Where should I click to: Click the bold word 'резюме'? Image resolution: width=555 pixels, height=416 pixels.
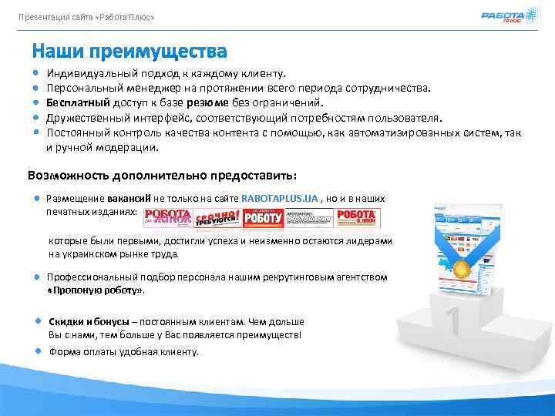(212, 102)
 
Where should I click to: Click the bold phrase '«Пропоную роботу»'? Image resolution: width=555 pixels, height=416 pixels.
(96, 291)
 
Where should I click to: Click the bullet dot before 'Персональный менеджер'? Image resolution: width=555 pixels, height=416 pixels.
(36, 89)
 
